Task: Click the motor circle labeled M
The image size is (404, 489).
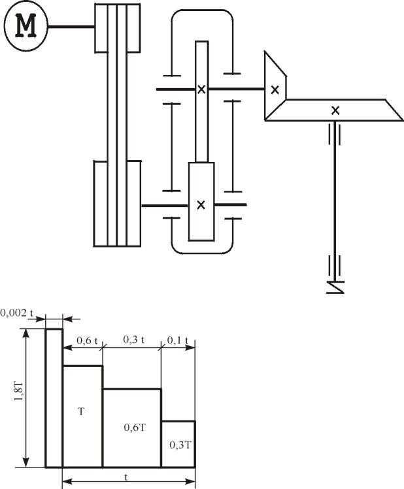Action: click(x=27, y=26)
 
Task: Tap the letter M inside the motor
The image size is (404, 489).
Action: click(x=27, y=26)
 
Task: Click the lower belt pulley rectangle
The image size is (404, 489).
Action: click(x=116, y=204)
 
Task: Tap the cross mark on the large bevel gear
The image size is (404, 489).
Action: click(x=335, y=110)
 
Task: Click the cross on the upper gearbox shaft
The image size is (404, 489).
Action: click(x=201, y=89)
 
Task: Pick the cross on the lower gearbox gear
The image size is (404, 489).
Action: click(x=201, y=205)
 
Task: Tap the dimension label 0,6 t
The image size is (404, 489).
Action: click(x=87, y=340)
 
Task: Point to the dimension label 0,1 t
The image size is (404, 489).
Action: click(x=177, y=340)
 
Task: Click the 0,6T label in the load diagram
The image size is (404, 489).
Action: click(x=134, y=428)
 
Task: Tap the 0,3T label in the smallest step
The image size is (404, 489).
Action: click(x=180, y=445)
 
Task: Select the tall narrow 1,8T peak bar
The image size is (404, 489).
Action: click(x=54, y=398)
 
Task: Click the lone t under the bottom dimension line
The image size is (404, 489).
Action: click(x=127, y=477)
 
